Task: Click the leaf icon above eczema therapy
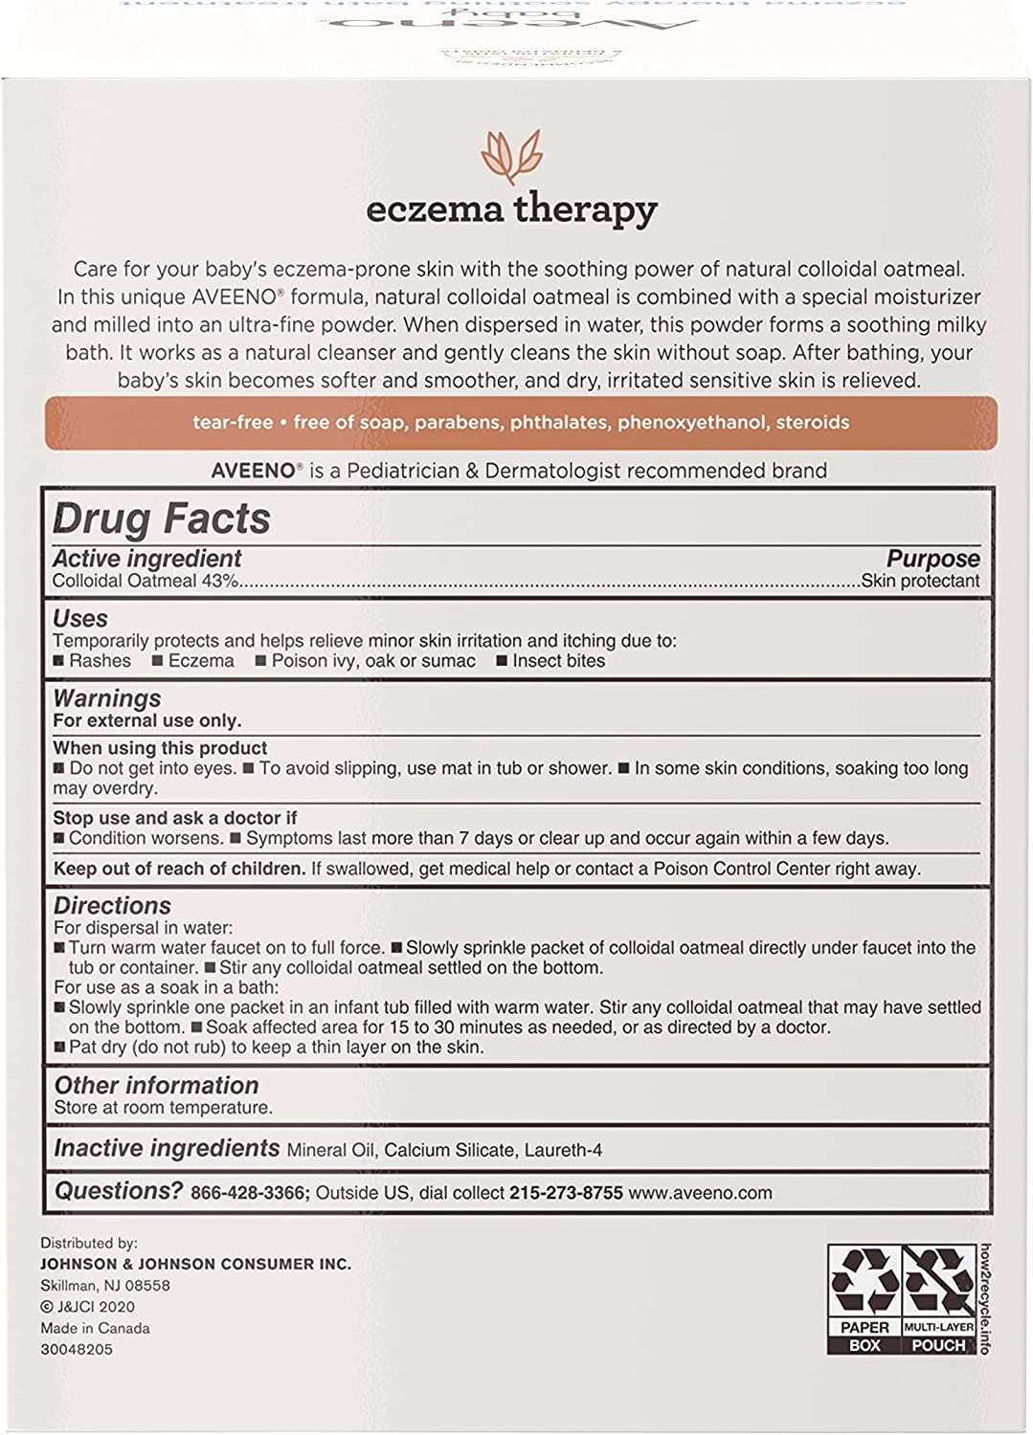511,155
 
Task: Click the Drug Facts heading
162,519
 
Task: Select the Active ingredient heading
146,559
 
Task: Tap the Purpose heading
932,559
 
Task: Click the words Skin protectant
920,581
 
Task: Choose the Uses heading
80,618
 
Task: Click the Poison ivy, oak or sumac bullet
372,661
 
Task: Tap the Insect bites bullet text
558,661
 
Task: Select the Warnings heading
107,698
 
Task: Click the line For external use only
146,721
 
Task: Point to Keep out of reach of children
179,870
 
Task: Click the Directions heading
112,905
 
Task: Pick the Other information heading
156,1085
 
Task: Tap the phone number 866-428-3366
248,1193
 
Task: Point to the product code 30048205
76,1349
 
